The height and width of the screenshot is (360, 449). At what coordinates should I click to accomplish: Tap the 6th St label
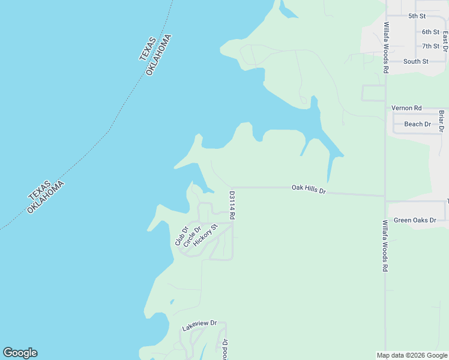click(430, 32)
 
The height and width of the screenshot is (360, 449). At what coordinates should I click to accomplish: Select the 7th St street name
click(430, 46)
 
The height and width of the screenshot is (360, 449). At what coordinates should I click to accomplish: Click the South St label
click(415, 61)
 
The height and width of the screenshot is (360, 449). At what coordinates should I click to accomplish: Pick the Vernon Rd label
click(403, 108)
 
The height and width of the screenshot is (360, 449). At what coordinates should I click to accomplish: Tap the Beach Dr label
click(417, 124)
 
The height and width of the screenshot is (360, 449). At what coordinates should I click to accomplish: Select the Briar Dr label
click(441, 120)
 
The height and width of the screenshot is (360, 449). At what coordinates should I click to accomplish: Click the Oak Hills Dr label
click(308, 188)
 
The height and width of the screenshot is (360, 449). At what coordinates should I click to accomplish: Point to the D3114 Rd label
click(232, 205)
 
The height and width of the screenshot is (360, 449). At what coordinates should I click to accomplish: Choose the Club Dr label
click(182, 236)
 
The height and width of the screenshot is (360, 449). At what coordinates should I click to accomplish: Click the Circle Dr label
click(192, 236)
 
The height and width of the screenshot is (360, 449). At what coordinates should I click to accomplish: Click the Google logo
click(20, 353)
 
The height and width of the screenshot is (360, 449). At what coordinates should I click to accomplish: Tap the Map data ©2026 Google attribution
click(412, 355)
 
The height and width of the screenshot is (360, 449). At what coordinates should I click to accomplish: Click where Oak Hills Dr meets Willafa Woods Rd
click(385, 196)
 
